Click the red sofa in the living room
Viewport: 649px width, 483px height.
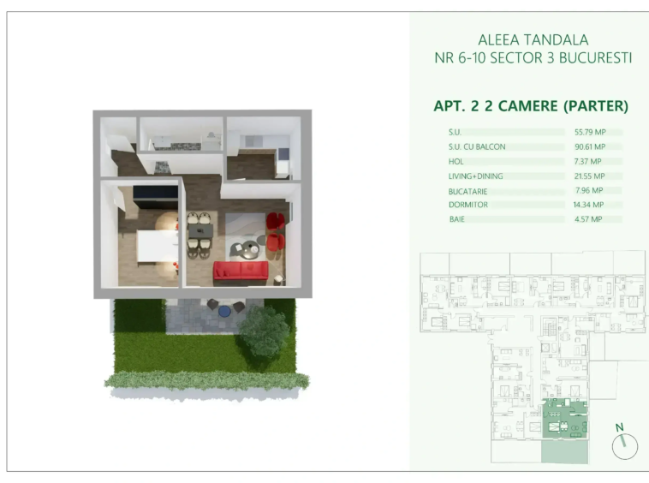point(241,271)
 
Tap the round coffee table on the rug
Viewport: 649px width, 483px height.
point(251,248)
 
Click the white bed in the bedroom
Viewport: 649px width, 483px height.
point(158,246)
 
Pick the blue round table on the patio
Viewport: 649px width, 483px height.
point(224,311)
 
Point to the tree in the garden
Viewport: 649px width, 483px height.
point(264,331)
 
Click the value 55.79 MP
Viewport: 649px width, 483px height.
point(590,132)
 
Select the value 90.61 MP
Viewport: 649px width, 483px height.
point(590,146)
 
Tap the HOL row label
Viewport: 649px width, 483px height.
point(455,161)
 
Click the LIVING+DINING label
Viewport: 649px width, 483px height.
point(475,176)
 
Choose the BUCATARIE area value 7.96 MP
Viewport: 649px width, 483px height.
point(589,190)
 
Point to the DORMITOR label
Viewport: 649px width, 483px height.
point(468,205)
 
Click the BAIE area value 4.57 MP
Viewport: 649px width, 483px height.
point(588,219)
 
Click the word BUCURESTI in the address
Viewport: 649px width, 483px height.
point(595,58)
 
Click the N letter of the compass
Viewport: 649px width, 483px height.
point(619,427)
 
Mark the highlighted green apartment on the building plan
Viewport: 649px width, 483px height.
point(564,419)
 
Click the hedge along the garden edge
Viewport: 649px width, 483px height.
point(206,380)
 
